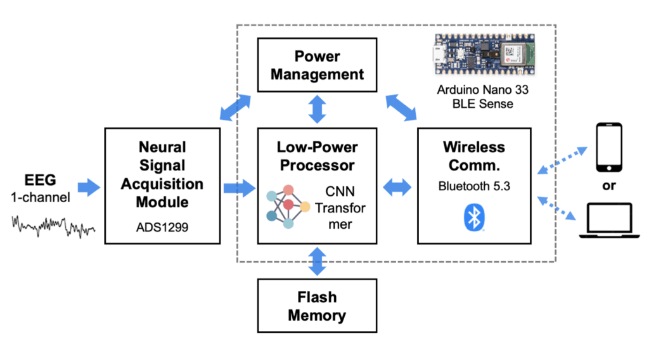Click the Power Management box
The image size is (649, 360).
click(317, 66)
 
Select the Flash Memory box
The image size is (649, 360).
click(317, 307)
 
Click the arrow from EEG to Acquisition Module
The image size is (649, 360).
click(89, 187)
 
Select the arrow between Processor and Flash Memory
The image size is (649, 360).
click(317, 261)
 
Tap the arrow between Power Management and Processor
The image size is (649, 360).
click(317, 109)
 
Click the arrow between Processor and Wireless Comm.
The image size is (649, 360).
click(398, 187)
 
